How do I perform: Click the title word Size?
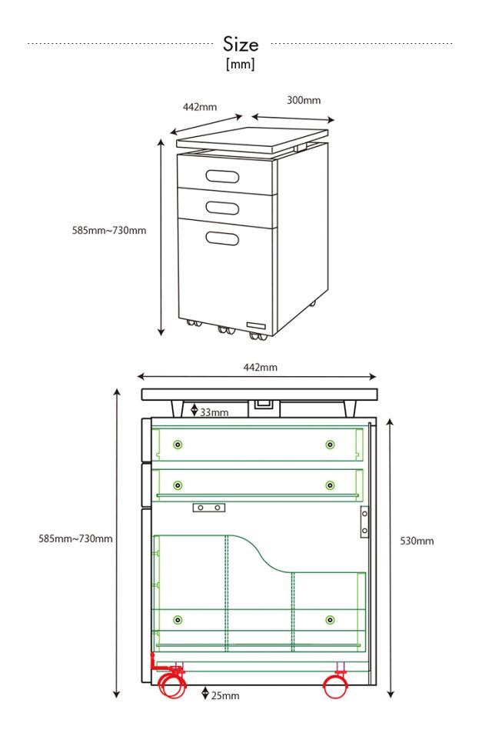(x=241, y=44)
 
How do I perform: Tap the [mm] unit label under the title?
(x=241, y=64)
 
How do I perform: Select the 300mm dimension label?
(x=304, y=100)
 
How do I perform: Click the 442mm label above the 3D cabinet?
(x=200, y=107)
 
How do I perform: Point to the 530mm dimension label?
(x=417, y=541)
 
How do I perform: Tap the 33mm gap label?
(x=214, y=412)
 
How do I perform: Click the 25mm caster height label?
(x=225, y=695)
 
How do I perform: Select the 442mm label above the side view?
(x=261, y=367)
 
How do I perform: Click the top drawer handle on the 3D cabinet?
(x=222, y=176)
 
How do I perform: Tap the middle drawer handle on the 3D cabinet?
(x=222, y=208)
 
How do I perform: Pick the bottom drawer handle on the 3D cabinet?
(x=222, y=238)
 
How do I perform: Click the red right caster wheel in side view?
(x=336, y=685)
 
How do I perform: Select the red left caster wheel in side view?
(x=171, y=685)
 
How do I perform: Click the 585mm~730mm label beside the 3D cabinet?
(x=109, y=231)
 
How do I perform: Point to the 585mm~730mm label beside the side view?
(x=76, y=538)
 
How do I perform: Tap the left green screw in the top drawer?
(x=178, y=445)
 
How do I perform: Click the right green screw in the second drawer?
(x=330, y=485)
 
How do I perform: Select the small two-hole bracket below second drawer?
(x=209, y=508)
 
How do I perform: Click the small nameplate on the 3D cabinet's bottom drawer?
(x=256, y=325)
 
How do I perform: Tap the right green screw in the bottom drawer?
(x=330, y=620)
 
